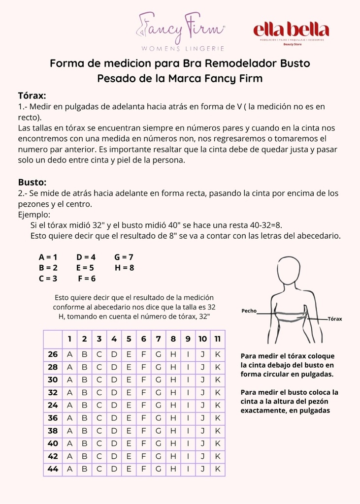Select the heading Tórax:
[32, 95]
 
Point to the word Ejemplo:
[34, 215]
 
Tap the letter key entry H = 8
[124, 268]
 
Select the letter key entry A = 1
[48, 257]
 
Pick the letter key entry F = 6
[87, 279]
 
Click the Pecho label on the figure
[249, 311]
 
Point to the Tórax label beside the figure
[335, 319]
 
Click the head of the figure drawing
[288, 270]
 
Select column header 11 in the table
[217, 339]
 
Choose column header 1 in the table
[69, 339]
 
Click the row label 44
[53, 469]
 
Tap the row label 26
[53, 354]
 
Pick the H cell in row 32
[173, 392]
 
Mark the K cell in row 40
[217, 443]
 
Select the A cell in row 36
[69, 418]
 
